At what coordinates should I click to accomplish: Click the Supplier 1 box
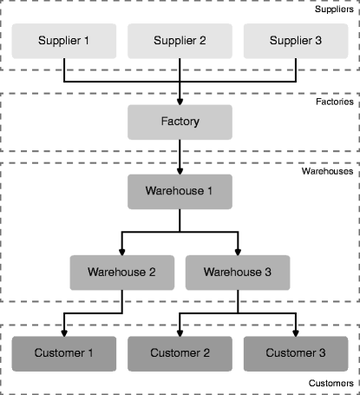[x=64, y=41]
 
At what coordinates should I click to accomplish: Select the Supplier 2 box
[x=180, y=41]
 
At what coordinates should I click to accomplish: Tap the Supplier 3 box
[x=296, y=41]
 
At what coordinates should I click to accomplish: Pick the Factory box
[x=180, y=122]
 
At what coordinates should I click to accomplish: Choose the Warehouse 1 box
[x=180, y=192]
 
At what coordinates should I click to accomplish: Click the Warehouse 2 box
[x=122, y=273]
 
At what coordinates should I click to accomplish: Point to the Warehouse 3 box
[x=238, y=273]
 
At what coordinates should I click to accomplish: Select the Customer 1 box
[x=64, y=353]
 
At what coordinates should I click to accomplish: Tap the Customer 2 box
[x=180, y=353]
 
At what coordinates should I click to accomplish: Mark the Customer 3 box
[x=296, y=353]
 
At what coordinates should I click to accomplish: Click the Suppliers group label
[x=334, y=10]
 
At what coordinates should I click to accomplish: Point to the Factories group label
[x=335, y=102]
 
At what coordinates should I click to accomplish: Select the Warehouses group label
[x=327, y=171]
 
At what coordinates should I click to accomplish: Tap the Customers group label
[x=331, y=383]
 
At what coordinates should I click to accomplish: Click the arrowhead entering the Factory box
[x=180, y=102]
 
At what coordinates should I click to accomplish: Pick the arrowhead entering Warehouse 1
[x=180, y=171]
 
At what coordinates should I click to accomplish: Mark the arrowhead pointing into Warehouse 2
[x=122, y=252]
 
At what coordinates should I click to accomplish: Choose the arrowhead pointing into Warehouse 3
[x=238, y=252]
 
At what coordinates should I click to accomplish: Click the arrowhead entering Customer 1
[x=64, y=333]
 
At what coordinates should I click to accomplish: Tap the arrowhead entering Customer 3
[x=296, y=333]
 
